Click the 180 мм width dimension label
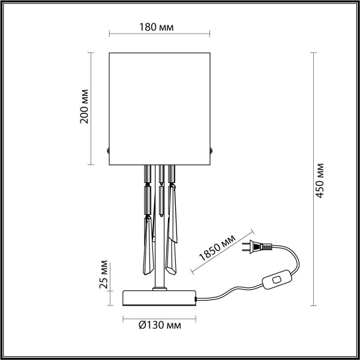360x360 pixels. pyautogui.click(x=160, y=28)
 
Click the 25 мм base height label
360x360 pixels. pyautogui.click(x=104, y=275)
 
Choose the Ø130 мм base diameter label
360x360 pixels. pyautogui.click(x=160, y=326)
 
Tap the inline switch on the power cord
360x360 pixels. pyautogui.click(x=276, y=280)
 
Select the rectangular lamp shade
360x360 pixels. pyautogui.click(x=160, y=108)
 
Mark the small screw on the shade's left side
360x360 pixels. pyautogui.click(x=107, y=151)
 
